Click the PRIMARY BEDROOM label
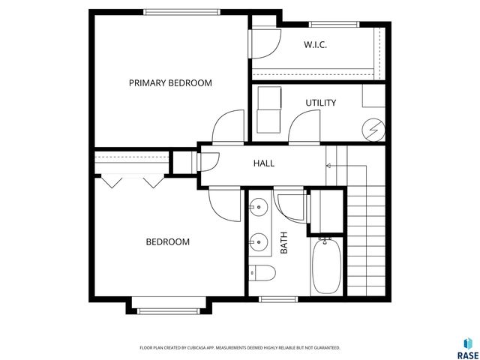(x=170, y=83)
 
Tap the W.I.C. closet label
(x=315, y=45)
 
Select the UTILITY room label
(x=320, y=103)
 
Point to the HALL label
(x=263, y=163)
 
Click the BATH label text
(x=284, y=243)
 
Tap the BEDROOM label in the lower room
(x=167, y=242)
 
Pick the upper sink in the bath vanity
(x=259, y=206)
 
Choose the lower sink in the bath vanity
(x=259, y=241)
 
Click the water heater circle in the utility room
(x=372, y=130)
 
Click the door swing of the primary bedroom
(x=228, y=126)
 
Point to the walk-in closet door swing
(x=264, y=46)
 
